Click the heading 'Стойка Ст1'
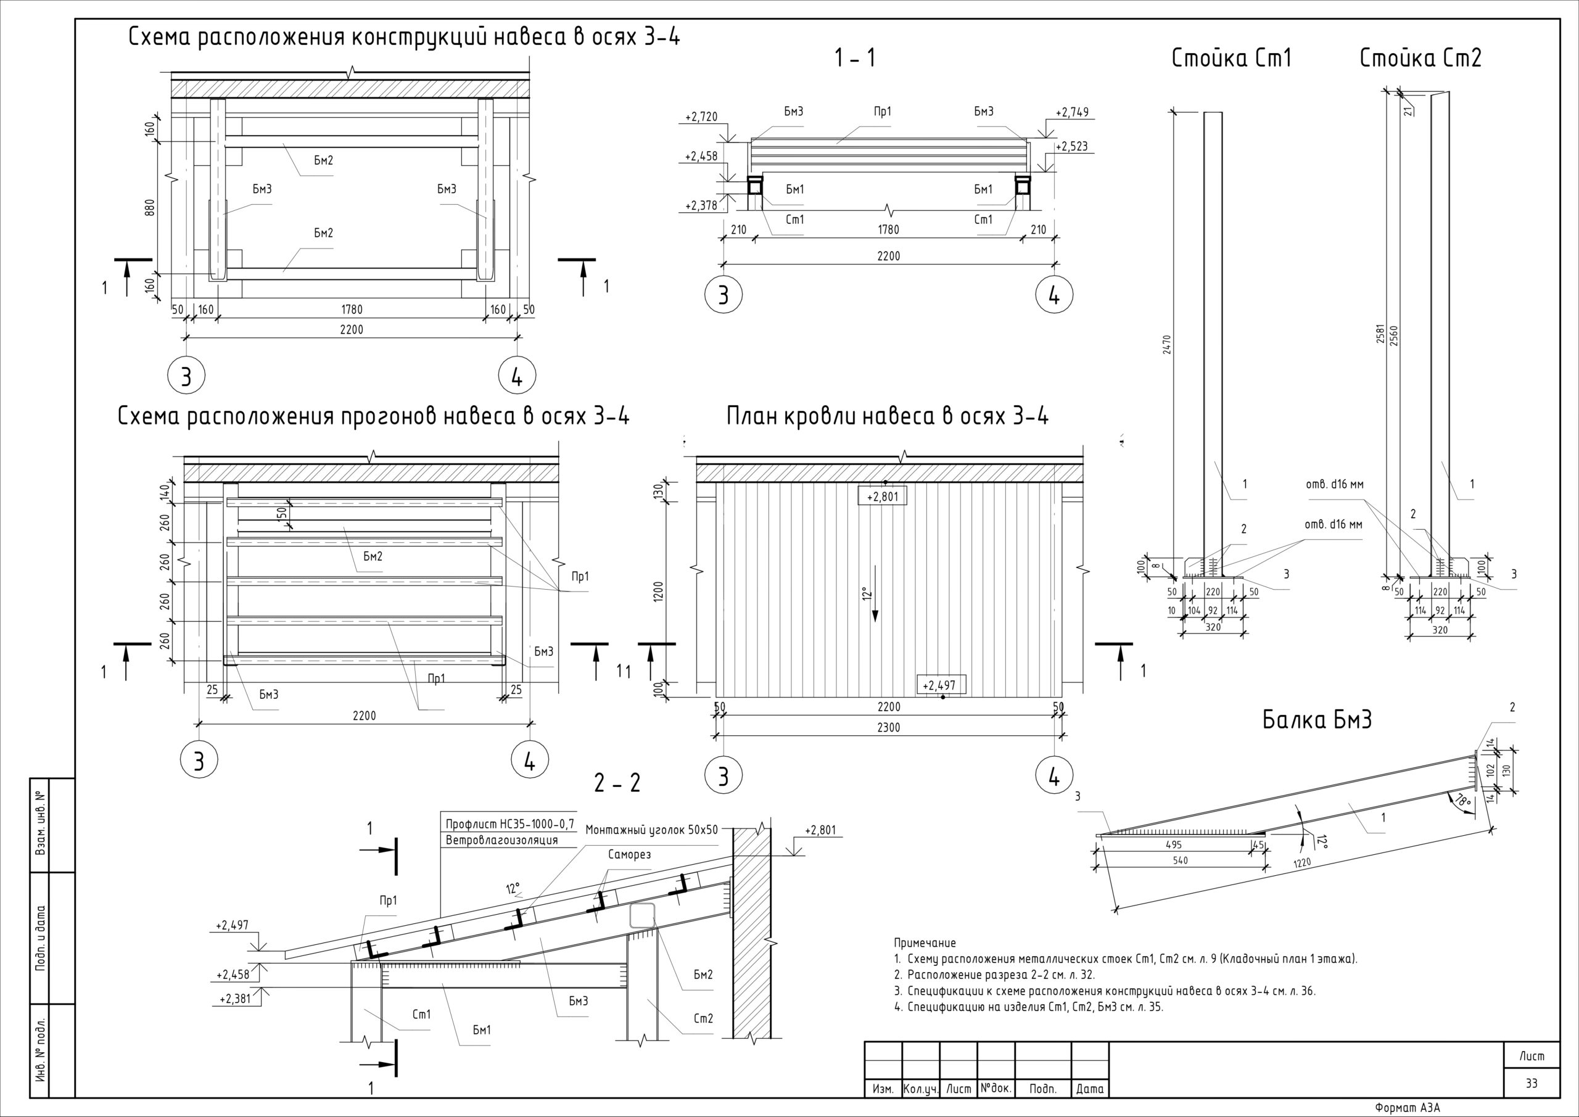coord(1231,59)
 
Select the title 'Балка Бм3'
coord(1317,720)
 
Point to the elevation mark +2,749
coord(1072,112)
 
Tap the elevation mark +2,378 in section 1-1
coord(701,205)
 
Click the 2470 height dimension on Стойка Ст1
coord(1167,344)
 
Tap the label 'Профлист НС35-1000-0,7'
coord(509,824)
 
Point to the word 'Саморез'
coord(629,854)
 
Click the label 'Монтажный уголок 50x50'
coord(651,830)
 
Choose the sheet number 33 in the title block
coord(1532,1082)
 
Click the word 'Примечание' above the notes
coord(925,943)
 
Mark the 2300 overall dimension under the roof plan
coord(889,727)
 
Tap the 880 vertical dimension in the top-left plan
coord(150,207)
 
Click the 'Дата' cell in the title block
coord(1089,1089)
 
